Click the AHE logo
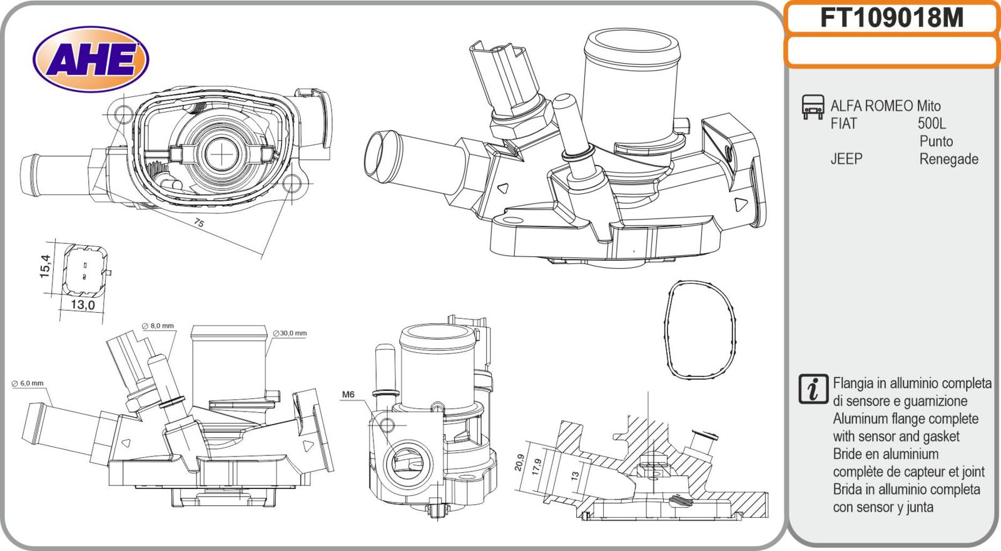[x=90, y=60]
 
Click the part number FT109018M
[x=892, y=18]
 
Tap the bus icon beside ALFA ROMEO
[x=813, y=107]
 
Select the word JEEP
[x=846, y=159]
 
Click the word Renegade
[x=948, y=159]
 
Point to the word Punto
[x=936, y=141]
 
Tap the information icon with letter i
[x=813, y=388]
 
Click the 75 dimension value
[x=199, y=223]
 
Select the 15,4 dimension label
[x=45, y=265]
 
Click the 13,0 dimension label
[x=82, y=305]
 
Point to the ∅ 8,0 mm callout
[x=158, y=326]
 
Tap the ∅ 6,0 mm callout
[x=28, y=383]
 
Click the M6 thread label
[x=348, y=395]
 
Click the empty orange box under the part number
[x=892, y=51]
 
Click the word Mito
[x=928, y=106]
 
